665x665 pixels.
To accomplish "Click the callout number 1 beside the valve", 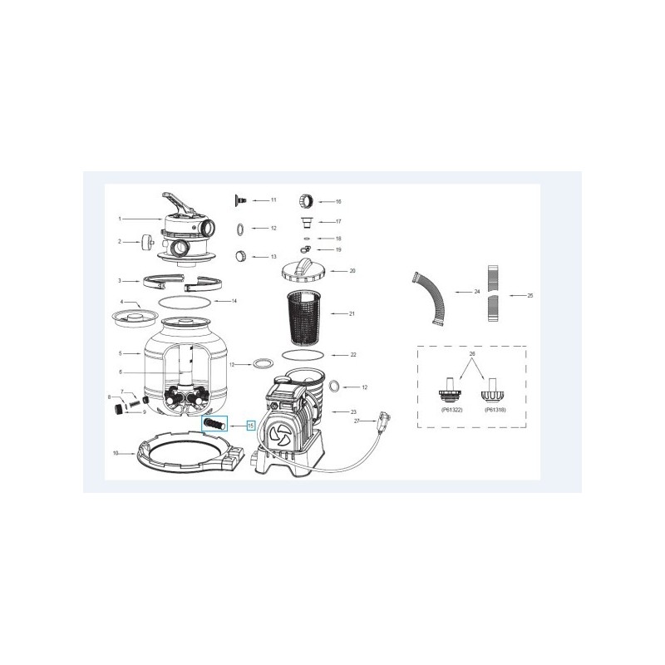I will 120,219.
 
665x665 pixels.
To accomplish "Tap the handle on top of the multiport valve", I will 180,200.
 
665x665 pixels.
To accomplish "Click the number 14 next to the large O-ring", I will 234,300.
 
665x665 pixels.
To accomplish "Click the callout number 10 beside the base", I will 117,454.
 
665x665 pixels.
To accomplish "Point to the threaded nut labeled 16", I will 304,201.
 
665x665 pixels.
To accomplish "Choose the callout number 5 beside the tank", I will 121,354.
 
